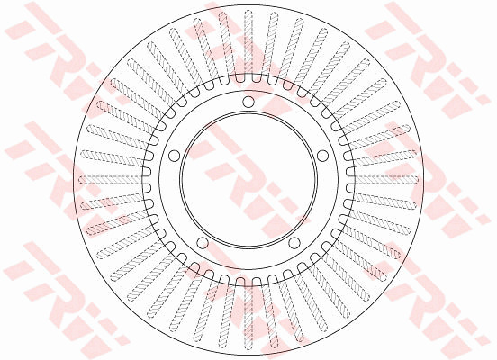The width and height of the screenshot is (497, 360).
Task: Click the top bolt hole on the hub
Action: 248,102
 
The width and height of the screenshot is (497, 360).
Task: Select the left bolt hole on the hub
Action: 174,156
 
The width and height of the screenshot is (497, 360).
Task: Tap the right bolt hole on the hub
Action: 322,156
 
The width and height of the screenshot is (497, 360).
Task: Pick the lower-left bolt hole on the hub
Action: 203,243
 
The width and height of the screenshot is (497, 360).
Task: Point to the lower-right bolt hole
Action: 294,243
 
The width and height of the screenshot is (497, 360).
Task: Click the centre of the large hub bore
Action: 248,180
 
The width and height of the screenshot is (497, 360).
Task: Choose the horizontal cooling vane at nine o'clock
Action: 111,180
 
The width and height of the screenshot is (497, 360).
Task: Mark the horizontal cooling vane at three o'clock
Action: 385,180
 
